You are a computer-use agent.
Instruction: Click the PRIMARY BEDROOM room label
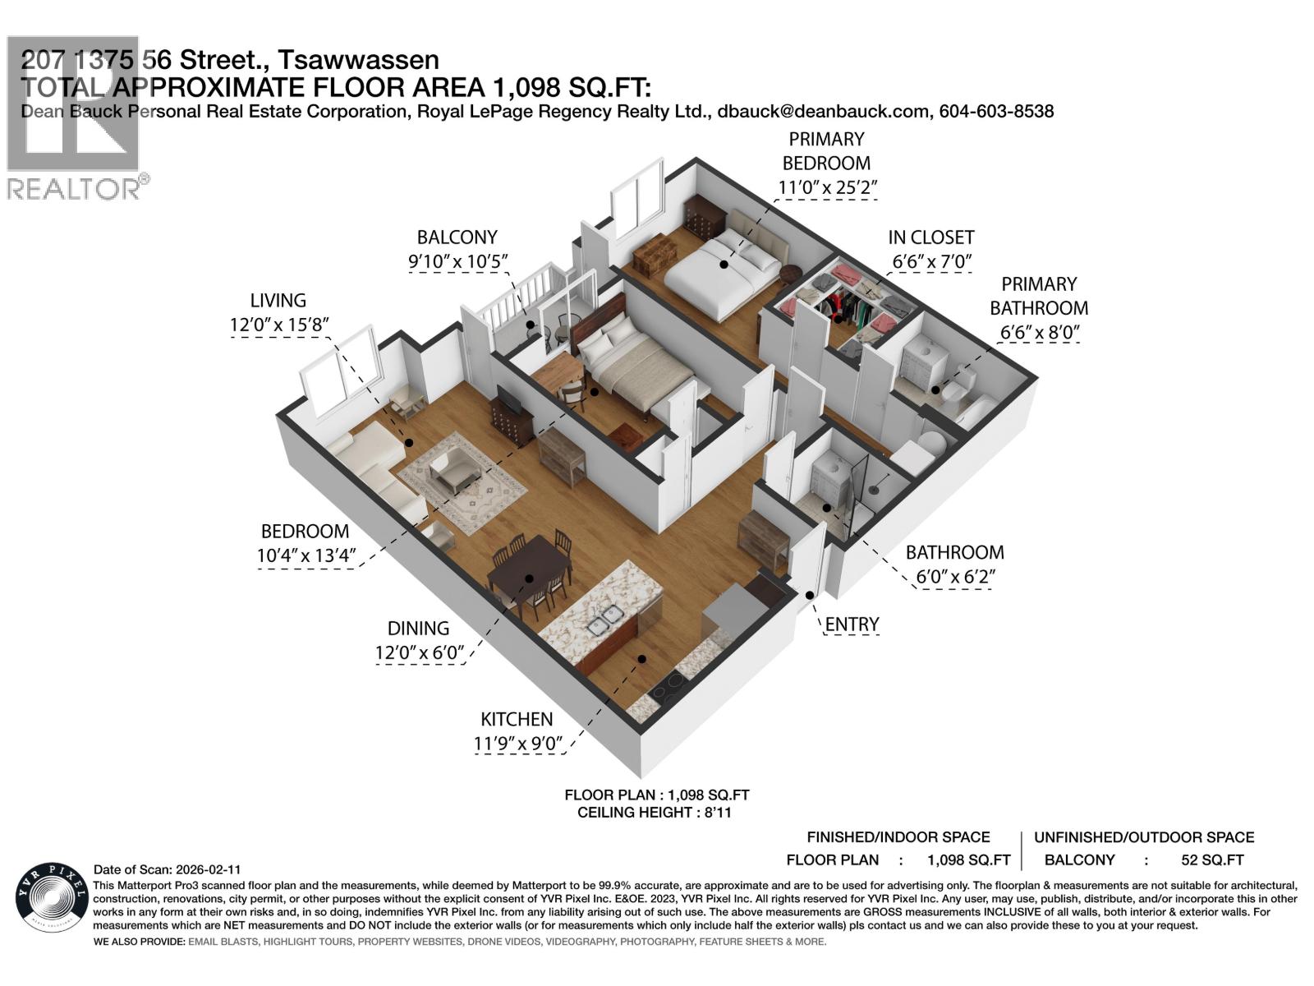pos(826,151)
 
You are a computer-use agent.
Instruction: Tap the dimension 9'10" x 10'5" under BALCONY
pos(457,262)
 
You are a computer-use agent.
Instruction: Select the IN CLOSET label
pos(930,237)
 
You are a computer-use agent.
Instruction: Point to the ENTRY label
pos(852,624)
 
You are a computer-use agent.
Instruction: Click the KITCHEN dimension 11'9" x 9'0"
pos(517,744)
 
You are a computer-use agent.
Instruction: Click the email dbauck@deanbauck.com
pos(823,112)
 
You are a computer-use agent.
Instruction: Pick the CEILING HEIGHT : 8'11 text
pos(655,813)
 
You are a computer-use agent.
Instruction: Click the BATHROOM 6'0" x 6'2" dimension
pos(955,577)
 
